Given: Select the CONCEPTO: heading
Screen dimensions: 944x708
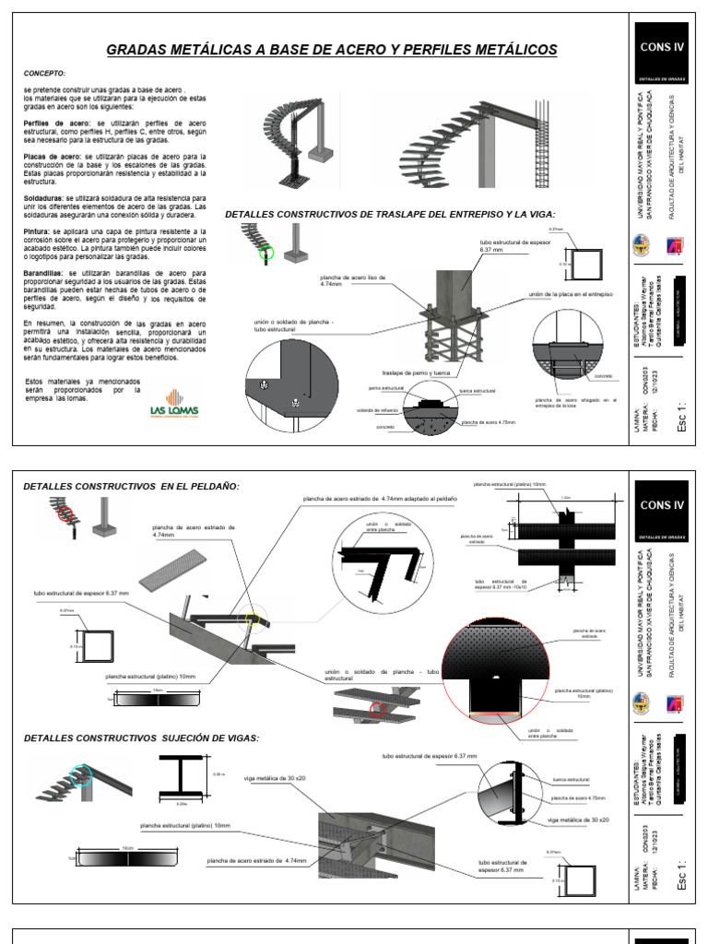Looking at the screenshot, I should pyautogui.click(x=44, y=73).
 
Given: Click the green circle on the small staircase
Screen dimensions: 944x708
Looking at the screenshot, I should pyautogui.click(x=266, y=252).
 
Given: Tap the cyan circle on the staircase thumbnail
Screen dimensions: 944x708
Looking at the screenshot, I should pyautogui.click(x=81, y=774).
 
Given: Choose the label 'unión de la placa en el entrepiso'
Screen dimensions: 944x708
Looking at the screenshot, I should pyautogui.click(x=571, y=294).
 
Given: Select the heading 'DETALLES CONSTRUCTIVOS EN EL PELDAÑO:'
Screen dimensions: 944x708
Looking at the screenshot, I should pyautogui.click(x=133, y=485).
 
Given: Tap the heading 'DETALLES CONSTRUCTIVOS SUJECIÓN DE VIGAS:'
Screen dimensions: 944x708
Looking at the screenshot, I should pyautogui.click(x=141, y=737).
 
